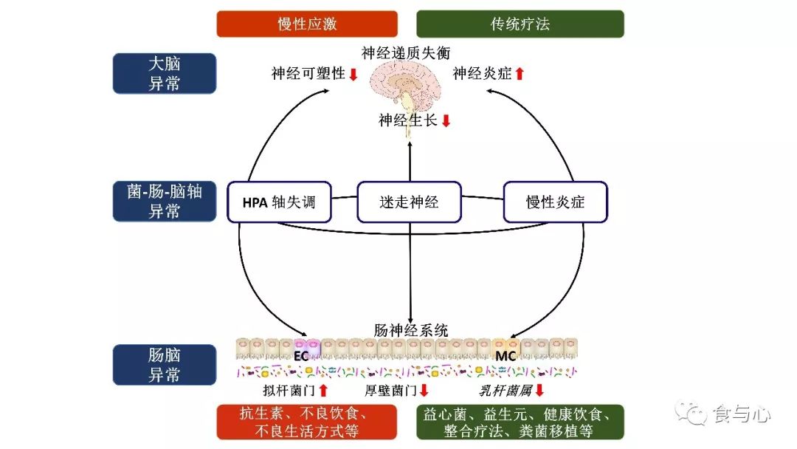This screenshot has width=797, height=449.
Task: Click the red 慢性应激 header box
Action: click(307, 24)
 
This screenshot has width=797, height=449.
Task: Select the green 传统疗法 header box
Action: click(520, 24)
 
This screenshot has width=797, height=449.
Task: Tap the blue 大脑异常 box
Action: click(164, 73)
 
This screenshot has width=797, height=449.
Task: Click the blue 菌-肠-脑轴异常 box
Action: click(164, 201)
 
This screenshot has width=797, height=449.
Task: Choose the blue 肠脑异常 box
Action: click(164, 364)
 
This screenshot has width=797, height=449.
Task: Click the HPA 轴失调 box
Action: click(278, 202)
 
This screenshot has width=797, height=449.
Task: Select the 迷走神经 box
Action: click(409, 202)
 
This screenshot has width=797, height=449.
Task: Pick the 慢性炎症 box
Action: click(555, 202)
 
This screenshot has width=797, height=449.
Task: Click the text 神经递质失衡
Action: click(405, 52)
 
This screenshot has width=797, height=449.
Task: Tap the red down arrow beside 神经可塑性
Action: click(353, 74)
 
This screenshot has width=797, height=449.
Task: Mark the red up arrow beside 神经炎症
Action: click(520, 74)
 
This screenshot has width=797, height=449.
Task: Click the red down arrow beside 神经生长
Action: click(446, 120)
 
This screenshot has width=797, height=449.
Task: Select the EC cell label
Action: click(301, 356)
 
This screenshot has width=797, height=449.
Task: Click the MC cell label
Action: click(506, 356)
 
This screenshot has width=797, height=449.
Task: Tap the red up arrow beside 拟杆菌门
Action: click(322, 390)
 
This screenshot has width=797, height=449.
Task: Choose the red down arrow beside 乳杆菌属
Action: click(539, 390)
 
